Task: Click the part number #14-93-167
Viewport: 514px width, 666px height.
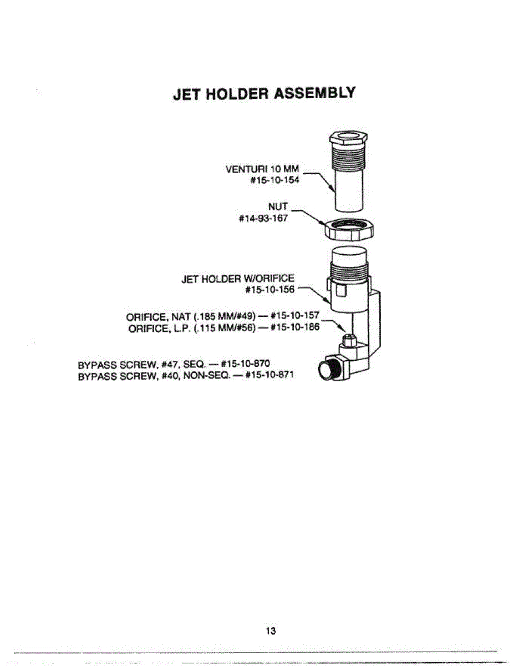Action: (262, 218)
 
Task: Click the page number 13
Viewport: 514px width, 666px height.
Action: (270, 631)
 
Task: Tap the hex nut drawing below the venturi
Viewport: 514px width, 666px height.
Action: (350, 228)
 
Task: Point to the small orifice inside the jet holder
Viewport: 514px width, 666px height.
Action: (349, 338)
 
